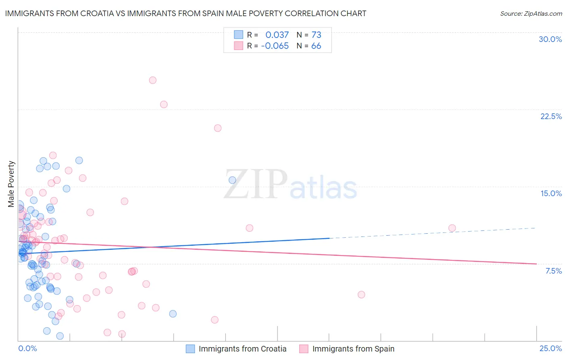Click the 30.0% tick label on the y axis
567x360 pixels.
point(550,39)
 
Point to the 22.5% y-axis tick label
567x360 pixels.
point(551,116)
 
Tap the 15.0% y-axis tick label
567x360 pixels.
point(551,193)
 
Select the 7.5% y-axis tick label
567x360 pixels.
point(553,271)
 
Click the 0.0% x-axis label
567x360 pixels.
point(27,348)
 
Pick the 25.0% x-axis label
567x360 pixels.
point(550,348)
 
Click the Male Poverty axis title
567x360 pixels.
point(11,184)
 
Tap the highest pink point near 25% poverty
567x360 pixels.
point(152,80)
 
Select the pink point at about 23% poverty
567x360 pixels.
point(164,105)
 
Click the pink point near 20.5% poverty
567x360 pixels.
point(218,128)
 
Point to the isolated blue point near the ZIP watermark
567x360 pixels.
point(232,180)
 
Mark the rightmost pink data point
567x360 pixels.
point(452,228)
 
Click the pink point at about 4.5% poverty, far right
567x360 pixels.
point(361,295)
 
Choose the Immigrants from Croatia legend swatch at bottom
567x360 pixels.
point(190,349)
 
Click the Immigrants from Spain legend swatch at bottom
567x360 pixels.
point(304,349)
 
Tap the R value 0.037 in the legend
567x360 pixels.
point(277,35)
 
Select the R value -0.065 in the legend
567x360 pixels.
point(275,46)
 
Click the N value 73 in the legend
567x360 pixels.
point(316,35)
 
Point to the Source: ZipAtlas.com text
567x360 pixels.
point(531,13)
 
